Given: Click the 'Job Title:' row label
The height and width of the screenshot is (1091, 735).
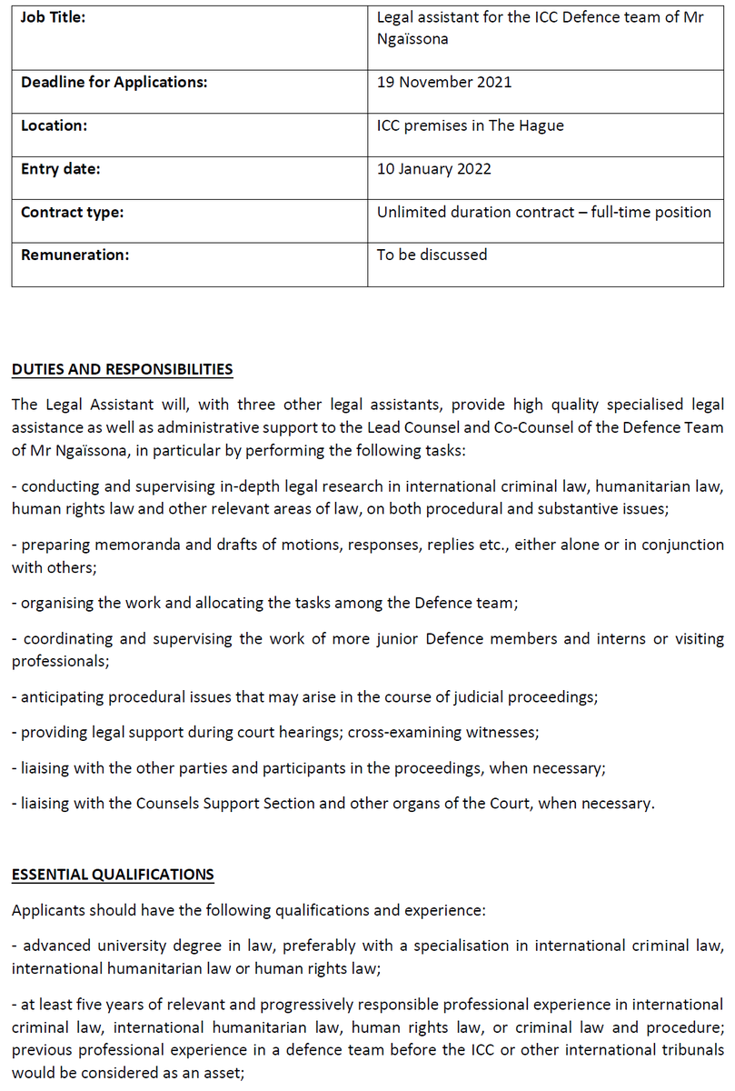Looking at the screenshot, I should tap(54, 17).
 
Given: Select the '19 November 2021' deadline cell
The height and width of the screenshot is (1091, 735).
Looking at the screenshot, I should tap(444, 82).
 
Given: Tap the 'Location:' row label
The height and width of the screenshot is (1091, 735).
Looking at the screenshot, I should tap(55, 125).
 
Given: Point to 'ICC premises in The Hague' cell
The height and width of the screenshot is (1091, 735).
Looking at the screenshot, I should tap(471, 125).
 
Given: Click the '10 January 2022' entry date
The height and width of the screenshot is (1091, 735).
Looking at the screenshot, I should tap(435, 168).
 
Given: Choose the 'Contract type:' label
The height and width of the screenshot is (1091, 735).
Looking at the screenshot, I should tap(73, 212).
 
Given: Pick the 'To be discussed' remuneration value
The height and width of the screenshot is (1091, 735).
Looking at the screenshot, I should tap(432, 255).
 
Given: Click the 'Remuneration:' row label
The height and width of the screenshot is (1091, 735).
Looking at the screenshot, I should tap(75, 255).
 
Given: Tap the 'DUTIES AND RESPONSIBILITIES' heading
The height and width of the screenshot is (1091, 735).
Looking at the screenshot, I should tap(123, 369).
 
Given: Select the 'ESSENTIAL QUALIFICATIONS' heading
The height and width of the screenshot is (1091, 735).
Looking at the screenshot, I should tap(113, 875).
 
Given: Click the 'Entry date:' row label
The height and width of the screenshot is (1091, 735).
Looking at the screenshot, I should tap(61, 168).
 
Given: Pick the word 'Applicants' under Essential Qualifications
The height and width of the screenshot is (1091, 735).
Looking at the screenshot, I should tap(48, 909).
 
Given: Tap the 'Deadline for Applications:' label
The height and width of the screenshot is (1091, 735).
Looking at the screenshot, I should tap(114, 82).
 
